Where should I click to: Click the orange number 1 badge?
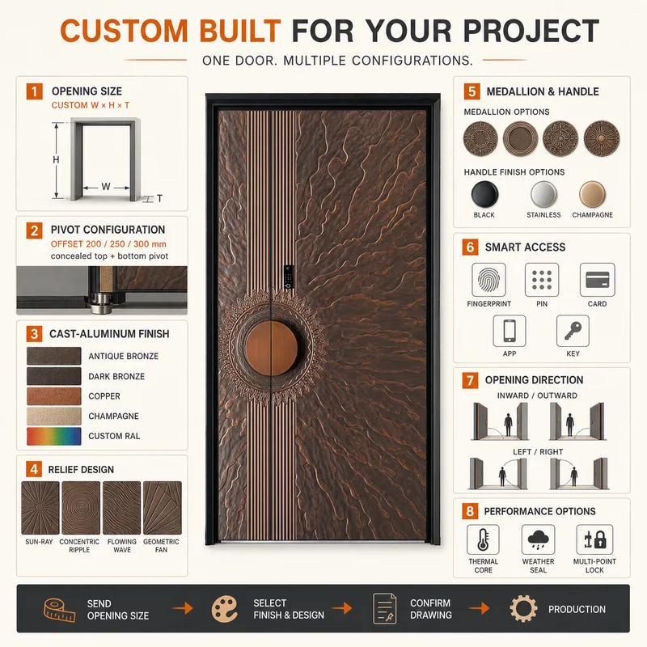34,91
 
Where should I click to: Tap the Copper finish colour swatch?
54,396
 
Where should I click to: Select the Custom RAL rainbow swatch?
54,436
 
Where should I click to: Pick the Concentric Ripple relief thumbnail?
81,508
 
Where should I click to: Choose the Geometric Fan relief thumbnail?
163,508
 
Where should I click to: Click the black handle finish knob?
484,194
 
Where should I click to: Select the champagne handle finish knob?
592,194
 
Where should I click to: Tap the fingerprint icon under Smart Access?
488,280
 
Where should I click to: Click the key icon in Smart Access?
573,331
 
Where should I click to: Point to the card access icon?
597,280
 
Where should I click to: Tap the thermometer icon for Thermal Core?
483,539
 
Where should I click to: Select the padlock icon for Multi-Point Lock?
594,539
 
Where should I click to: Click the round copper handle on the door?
272,349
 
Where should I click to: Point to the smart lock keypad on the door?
289,277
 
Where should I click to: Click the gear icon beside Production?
523,609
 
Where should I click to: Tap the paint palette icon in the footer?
225,609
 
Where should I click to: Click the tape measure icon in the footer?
59,610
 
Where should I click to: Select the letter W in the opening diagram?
106,187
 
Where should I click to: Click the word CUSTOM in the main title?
125,31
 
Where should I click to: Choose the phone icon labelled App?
510,331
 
